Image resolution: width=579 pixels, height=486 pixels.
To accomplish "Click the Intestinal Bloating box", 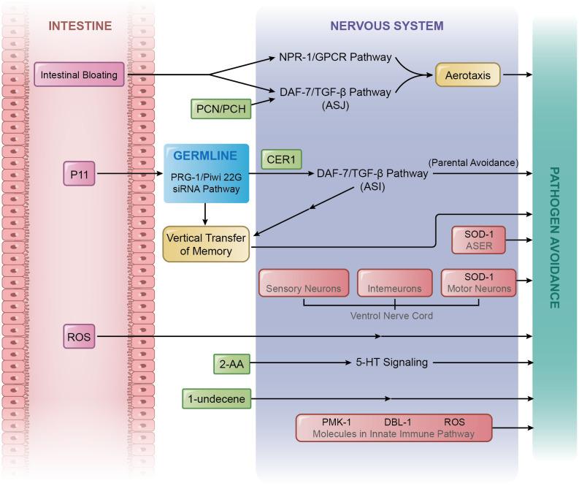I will click(79, 74).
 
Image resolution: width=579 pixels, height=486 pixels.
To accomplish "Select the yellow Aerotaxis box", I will click(467, 74).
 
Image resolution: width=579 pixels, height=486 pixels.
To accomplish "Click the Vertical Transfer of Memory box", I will click(205, 245).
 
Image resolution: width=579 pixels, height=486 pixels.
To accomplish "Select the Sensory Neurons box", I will click(303, 284).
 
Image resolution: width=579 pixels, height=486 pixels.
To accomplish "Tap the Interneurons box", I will click(395, 284).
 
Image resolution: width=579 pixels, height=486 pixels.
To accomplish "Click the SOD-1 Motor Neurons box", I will click(478, 284).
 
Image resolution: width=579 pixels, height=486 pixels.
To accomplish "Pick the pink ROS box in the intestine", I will click(79, 337).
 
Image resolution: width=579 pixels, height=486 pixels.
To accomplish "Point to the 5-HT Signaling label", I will click(391, 362).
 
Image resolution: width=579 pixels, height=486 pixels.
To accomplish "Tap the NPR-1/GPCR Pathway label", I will click(335, 56).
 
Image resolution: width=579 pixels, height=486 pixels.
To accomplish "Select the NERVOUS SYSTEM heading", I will click(386, 26).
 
